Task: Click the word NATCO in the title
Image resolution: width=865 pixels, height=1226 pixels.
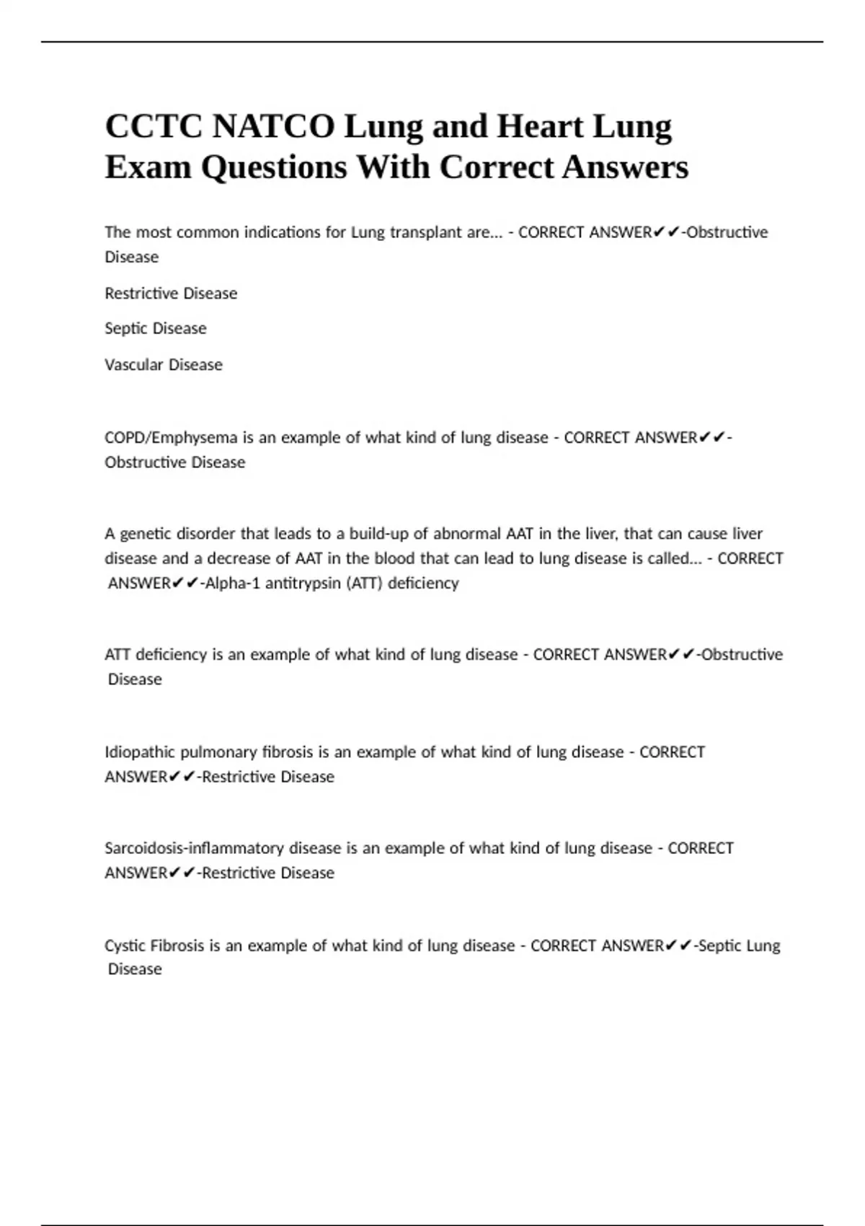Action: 274,127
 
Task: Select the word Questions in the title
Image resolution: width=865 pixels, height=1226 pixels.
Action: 274,167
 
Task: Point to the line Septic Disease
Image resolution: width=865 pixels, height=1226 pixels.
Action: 156,329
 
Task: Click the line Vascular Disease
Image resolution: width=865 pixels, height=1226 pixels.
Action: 164,365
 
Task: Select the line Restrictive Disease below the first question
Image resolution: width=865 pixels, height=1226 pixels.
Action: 171,294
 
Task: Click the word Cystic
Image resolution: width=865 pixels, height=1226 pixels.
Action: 125,945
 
